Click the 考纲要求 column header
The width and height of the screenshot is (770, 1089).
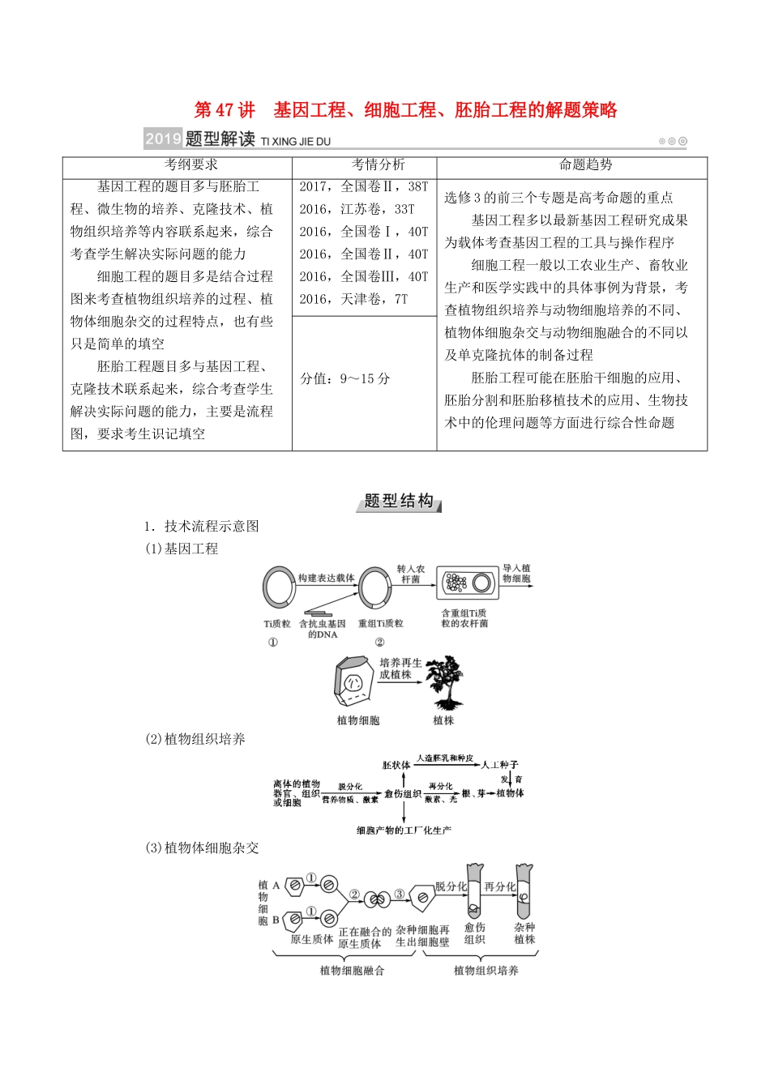(190, 165)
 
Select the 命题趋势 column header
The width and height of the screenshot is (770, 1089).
(585, 165)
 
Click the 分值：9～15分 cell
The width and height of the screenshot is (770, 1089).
(345, 378)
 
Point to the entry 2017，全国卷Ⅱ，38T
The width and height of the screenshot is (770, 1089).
(363, 186)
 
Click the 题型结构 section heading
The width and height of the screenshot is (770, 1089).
(398, 502)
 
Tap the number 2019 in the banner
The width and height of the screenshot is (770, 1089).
(163, 139)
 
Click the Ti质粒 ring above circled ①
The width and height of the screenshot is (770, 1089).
(277, 587)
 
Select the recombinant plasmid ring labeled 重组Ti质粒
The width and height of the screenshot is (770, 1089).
(375, 587)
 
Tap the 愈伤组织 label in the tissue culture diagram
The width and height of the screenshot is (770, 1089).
(402, 794)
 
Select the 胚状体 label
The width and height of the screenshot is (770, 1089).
(396, 765)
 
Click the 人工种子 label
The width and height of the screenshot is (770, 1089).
(499, 765)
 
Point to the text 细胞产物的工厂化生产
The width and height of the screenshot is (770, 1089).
(404, 831)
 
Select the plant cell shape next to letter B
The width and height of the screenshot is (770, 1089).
(296, 920)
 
